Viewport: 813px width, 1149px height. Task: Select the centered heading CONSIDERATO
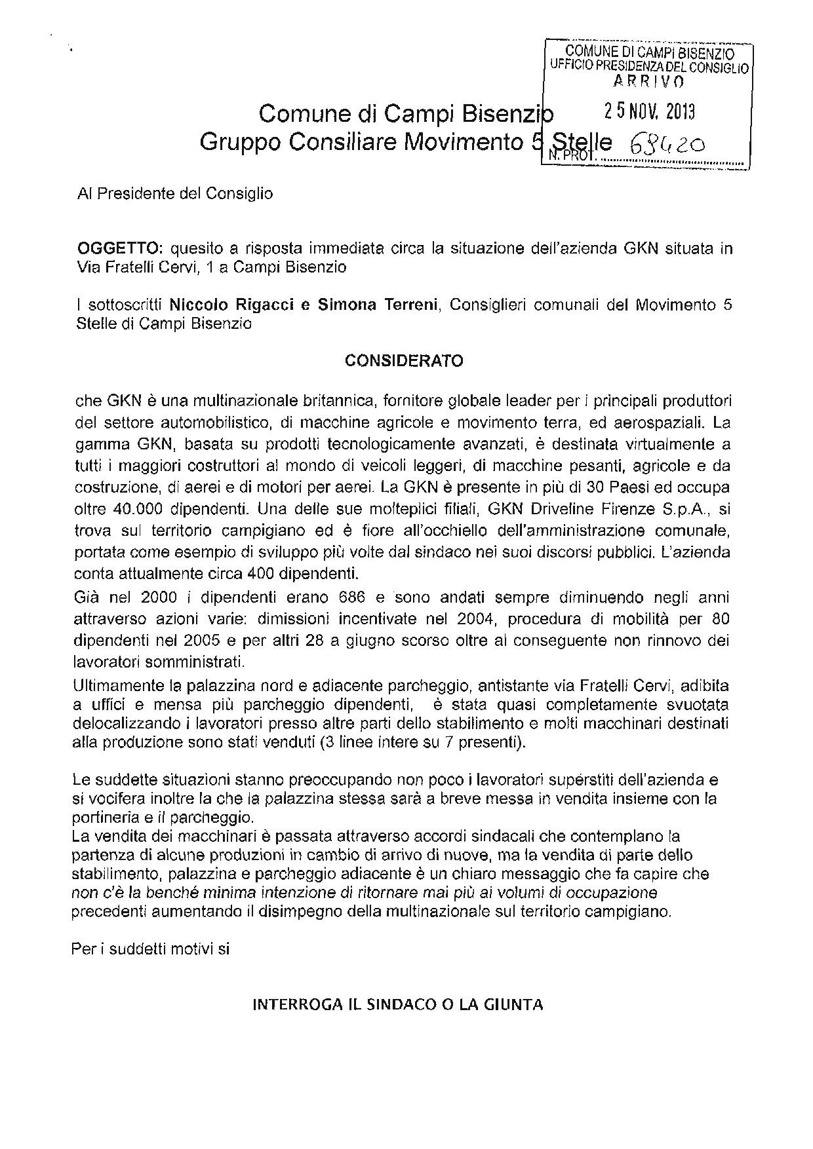pos(404,361)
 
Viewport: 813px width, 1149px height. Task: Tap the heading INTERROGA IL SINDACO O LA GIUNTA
pos(398,1004)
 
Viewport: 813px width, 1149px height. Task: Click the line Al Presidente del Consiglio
pos(174,194)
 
